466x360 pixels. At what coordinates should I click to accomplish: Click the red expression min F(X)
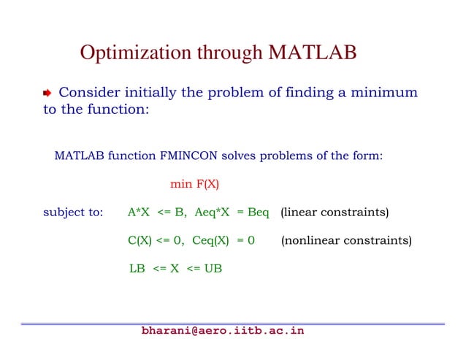(194, 184)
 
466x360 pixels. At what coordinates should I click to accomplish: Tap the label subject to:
(73, 212)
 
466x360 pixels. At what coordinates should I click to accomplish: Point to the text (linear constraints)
(335, 212)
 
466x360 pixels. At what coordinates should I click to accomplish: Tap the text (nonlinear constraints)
(345, 240)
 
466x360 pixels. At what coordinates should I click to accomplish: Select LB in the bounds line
(137, 268)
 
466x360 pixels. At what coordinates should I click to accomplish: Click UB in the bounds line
(213, 268)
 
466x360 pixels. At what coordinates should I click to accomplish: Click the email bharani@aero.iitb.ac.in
(223, 331)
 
